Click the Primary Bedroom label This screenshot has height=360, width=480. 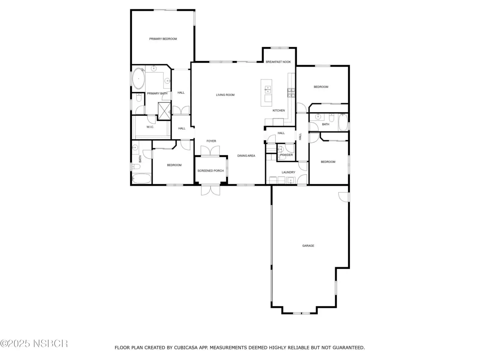(x=163, y=39)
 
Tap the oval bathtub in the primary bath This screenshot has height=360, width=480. (x=138, y=79)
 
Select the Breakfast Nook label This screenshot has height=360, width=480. (x=278, y=62)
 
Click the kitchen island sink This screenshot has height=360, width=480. (x=268, y=90)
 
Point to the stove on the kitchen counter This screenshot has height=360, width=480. (x=291, y=93)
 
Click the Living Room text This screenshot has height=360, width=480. (x=225, y=95)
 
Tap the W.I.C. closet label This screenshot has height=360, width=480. (x=150, y=127)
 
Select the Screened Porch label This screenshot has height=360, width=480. (x=211, y=171)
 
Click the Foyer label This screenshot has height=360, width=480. (x=211, y=141)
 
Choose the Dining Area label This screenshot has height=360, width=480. (x=246, y=156)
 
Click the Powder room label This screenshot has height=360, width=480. (x=286, y=155)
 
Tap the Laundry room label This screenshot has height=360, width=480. (x=288, y=172)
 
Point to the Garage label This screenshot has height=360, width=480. (x=308, y=246)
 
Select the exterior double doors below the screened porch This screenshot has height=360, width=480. (x=210, y=190)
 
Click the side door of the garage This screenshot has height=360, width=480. (x=344, y=197)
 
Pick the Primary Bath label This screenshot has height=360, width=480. (x=157, y=93)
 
